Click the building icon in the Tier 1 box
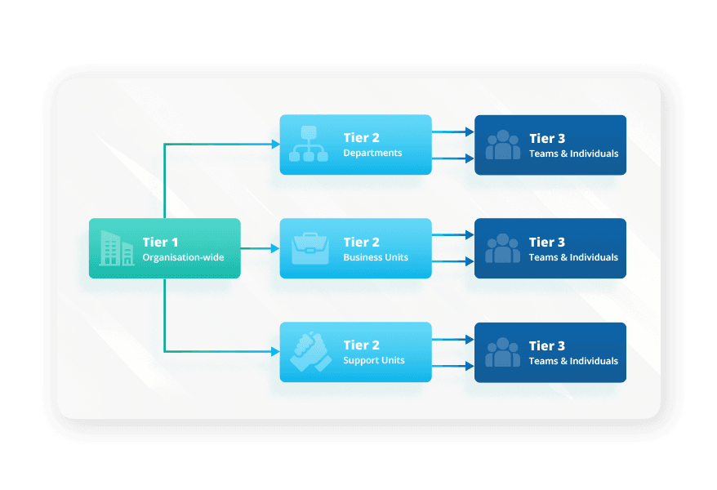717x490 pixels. pyautogui.click(x=116, y=248)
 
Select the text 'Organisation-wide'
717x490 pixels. pyautogui.click(x=183, y=257)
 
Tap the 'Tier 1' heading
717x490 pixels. pyautogui.click(x=160, y=242)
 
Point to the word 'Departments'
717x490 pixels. pyautogui.click(x=372, y=154)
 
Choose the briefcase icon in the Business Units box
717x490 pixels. pyautogui.click(x=310, y=248)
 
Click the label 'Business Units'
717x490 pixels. pyautogui.click(x=376, y=257)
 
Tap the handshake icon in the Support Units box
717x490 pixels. pyautogui.click(x=310, y=352)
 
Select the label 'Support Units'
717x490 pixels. pyautogui.click(x=374, y=361)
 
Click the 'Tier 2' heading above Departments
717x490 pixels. pyautogui.click(x=361, y=138)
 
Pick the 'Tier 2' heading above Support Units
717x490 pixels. pyautogui.click(x=361, y=345)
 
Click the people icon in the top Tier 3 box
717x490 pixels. pyautogui.click(x=502, y=145)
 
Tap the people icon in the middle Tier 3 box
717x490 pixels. pyautogui.click(x=502, y=248)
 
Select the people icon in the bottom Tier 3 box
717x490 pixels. pyautogui.click(x=502, y=352)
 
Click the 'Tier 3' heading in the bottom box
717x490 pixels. pyautogui.click(x=547, y=345)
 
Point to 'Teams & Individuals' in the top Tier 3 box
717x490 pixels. pyautogui.click(x=573, y=154)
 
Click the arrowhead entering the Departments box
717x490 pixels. pyautogui.click(x=275, y=145)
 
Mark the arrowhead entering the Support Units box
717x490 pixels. pyautogui.click(x=275, y=352)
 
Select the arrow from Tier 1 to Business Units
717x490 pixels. pyautogui.click(x=260, y=248)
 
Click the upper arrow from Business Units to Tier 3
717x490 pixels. pyautogui.click(x=452, y=234)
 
